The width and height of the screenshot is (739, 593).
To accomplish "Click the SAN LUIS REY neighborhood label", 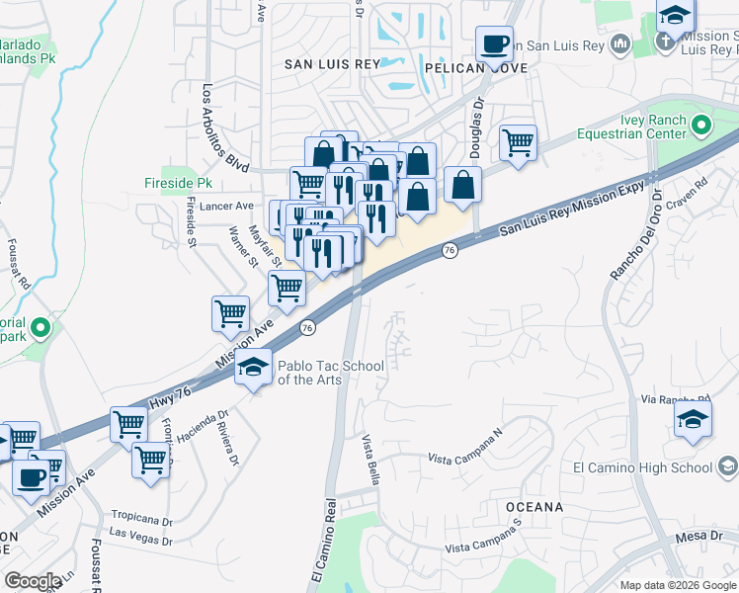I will pyautogui.click(x=332, y=63).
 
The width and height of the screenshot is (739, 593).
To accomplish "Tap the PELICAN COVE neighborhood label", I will pyautogui.click(x=475, y=68).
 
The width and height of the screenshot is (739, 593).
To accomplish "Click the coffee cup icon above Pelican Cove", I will pyautogui.click(x=494, y=44).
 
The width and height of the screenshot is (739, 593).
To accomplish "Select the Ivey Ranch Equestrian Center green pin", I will pyautogui.click(x=701, y=126).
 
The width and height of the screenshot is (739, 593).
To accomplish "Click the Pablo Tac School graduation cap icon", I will pyautogui.click(x=253, y=368).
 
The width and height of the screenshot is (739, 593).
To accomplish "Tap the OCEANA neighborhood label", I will pyautogui.click(x=534, y=507).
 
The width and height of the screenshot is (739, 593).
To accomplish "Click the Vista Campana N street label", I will pyautogui.click(x=465, y=454).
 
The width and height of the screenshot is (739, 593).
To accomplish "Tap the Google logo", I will pyautogui.click(x=33, y=580).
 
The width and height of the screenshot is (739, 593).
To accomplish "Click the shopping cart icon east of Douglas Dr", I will pyautogui.click(x=518, y=143).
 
